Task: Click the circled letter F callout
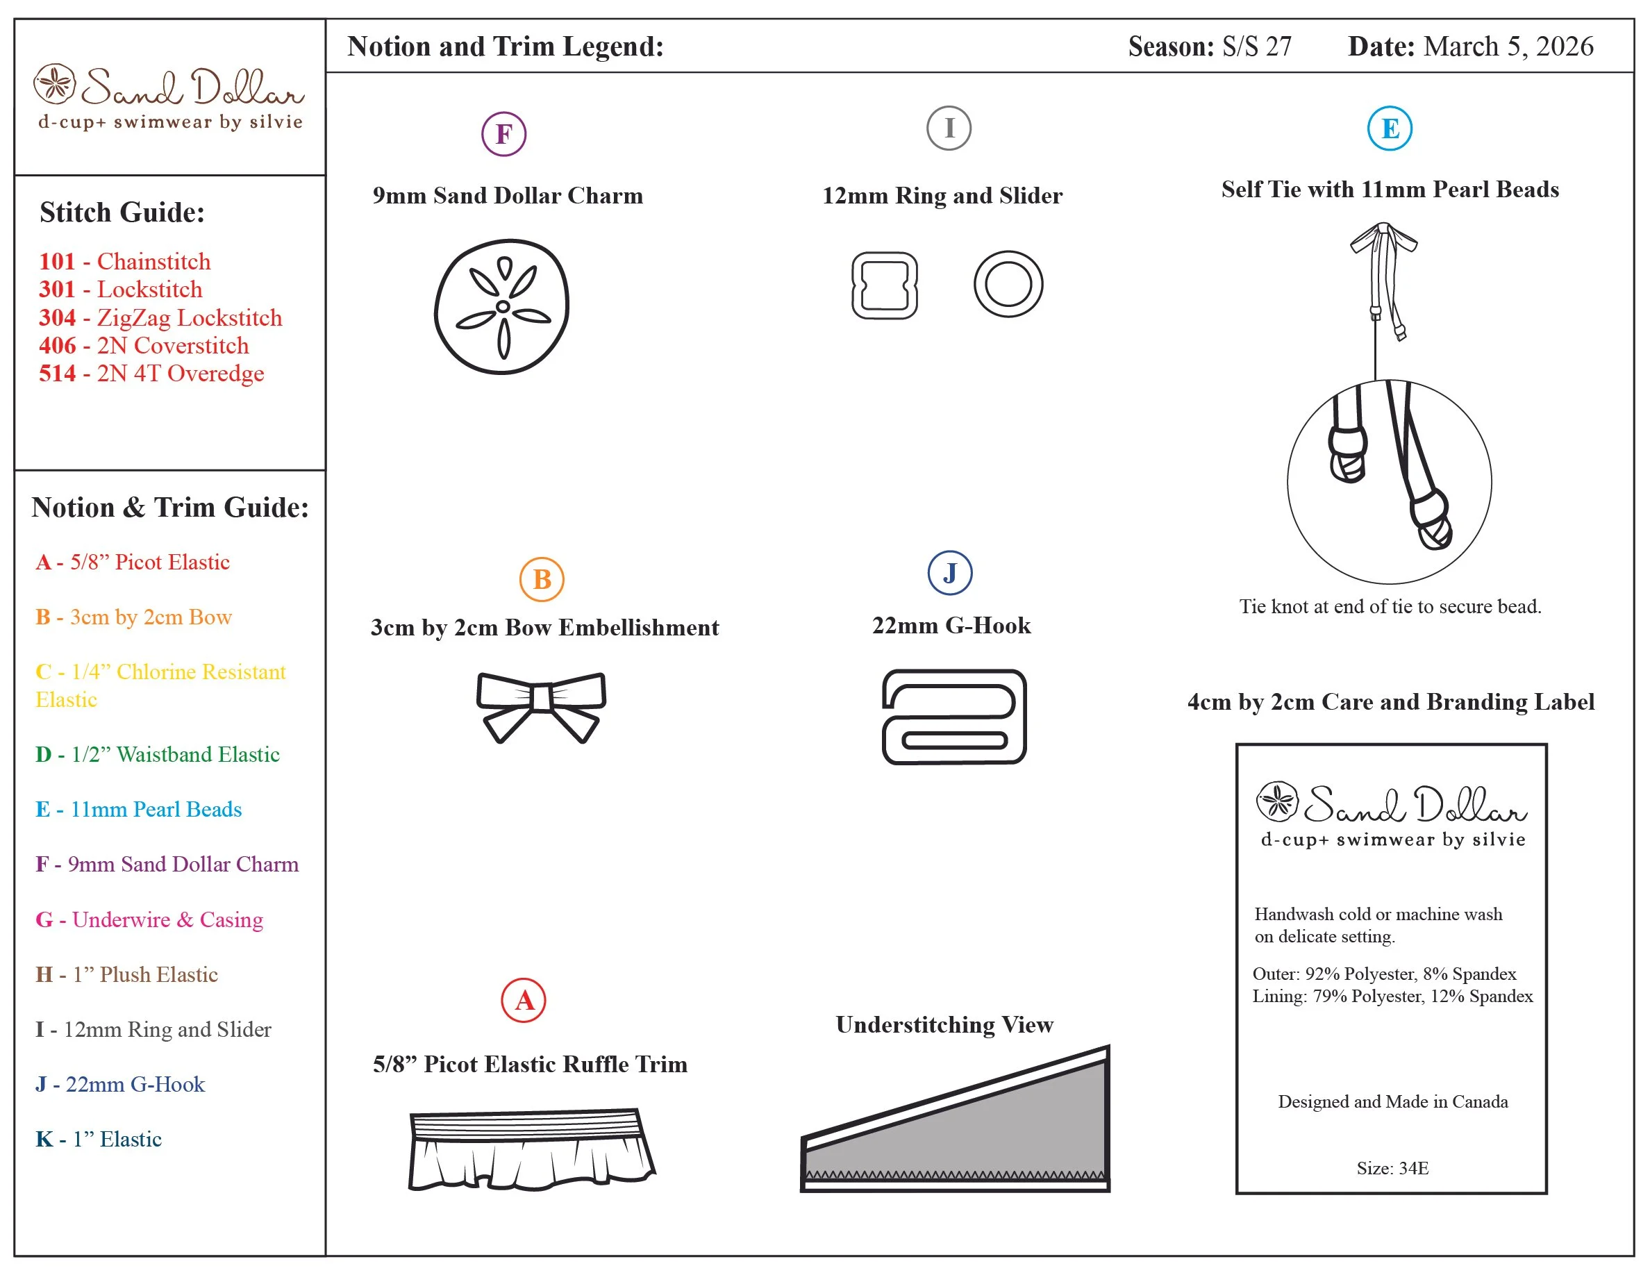pyautogui.click(x=503, y=134)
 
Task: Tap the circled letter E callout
pyautogui.click(x=1390, y=128)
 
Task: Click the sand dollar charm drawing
pyautogui.click(x=501, y=307)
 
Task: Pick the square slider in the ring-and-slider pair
pyautogui.click(x=884, y=285)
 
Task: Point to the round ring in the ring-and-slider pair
pyautogui.click(x=1008, y=285)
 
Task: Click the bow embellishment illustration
pyautogui.click(x=541, y=705)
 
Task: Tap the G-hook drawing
pyautogui.click(x=953, y=717)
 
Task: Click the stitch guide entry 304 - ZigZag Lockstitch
pyautogui.click(x=160, y=318)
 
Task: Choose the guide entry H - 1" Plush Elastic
pyautogui.click(x=127, y=974)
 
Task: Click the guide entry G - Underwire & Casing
pyautogui.click(x=149, y=919)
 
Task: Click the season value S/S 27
pyautogui.click(x=1256, y=47)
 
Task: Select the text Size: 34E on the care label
pyautogui.click(x=1392, y=1169)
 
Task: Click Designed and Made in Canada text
pyautogui.click(x=1392, y=1101)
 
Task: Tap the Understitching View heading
pyautogui.click(x=944, y=1025)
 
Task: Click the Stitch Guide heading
pyautogui.click(x=122, y=212)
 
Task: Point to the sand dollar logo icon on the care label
pyautogui.click(x=1277, y=801)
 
